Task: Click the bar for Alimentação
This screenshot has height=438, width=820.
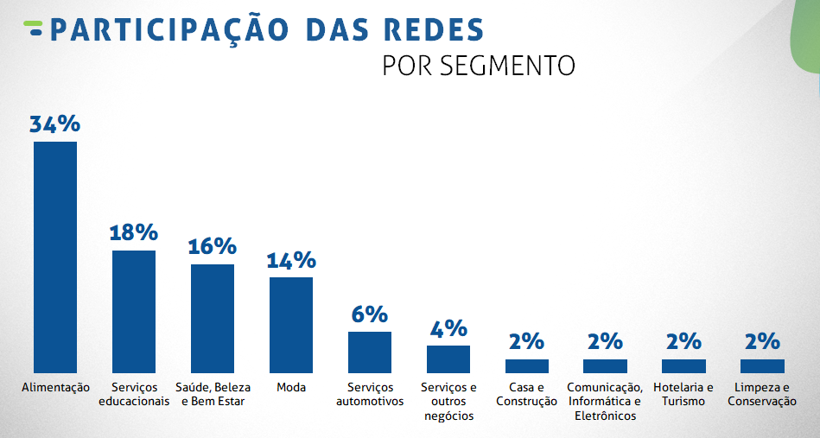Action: pos(55,257)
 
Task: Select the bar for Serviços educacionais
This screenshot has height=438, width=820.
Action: pos(134,311)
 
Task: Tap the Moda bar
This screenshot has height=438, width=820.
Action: pos(291,325)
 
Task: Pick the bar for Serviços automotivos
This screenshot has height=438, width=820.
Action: pos(370,352)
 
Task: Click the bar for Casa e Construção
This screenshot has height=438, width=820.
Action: pos(527,365)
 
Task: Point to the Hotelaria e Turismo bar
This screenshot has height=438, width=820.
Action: pos(683,365)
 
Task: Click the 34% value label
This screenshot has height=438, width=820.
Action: pos(54,124)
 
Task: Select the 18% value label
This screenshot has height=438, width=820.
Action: pos(133,232)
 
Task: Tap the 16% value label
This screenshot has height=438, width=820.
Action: pos(212,246)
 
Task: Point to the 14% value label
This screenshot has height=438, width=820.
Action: pos(291,260)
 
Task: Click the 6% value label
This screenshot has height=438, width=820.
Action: pos(369,314)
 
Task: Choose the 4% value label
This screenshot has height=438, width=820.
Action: pos(448,328)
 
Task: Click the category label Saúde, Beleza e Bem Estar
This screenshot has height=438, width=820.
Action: pos(213,394)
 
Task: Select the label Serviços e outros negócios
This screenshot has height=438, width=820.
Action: pos(448,401)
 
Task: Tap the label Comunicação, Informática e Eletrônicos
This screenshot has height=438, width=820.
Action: pos(605,401)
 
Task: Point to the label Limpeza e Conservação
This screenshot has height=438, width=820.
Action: pos(761,394)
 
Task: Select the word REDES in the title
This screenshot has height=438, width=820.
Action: pos(433,29)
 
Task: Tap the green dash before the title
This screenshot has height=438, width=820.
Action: pos(34,28)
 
